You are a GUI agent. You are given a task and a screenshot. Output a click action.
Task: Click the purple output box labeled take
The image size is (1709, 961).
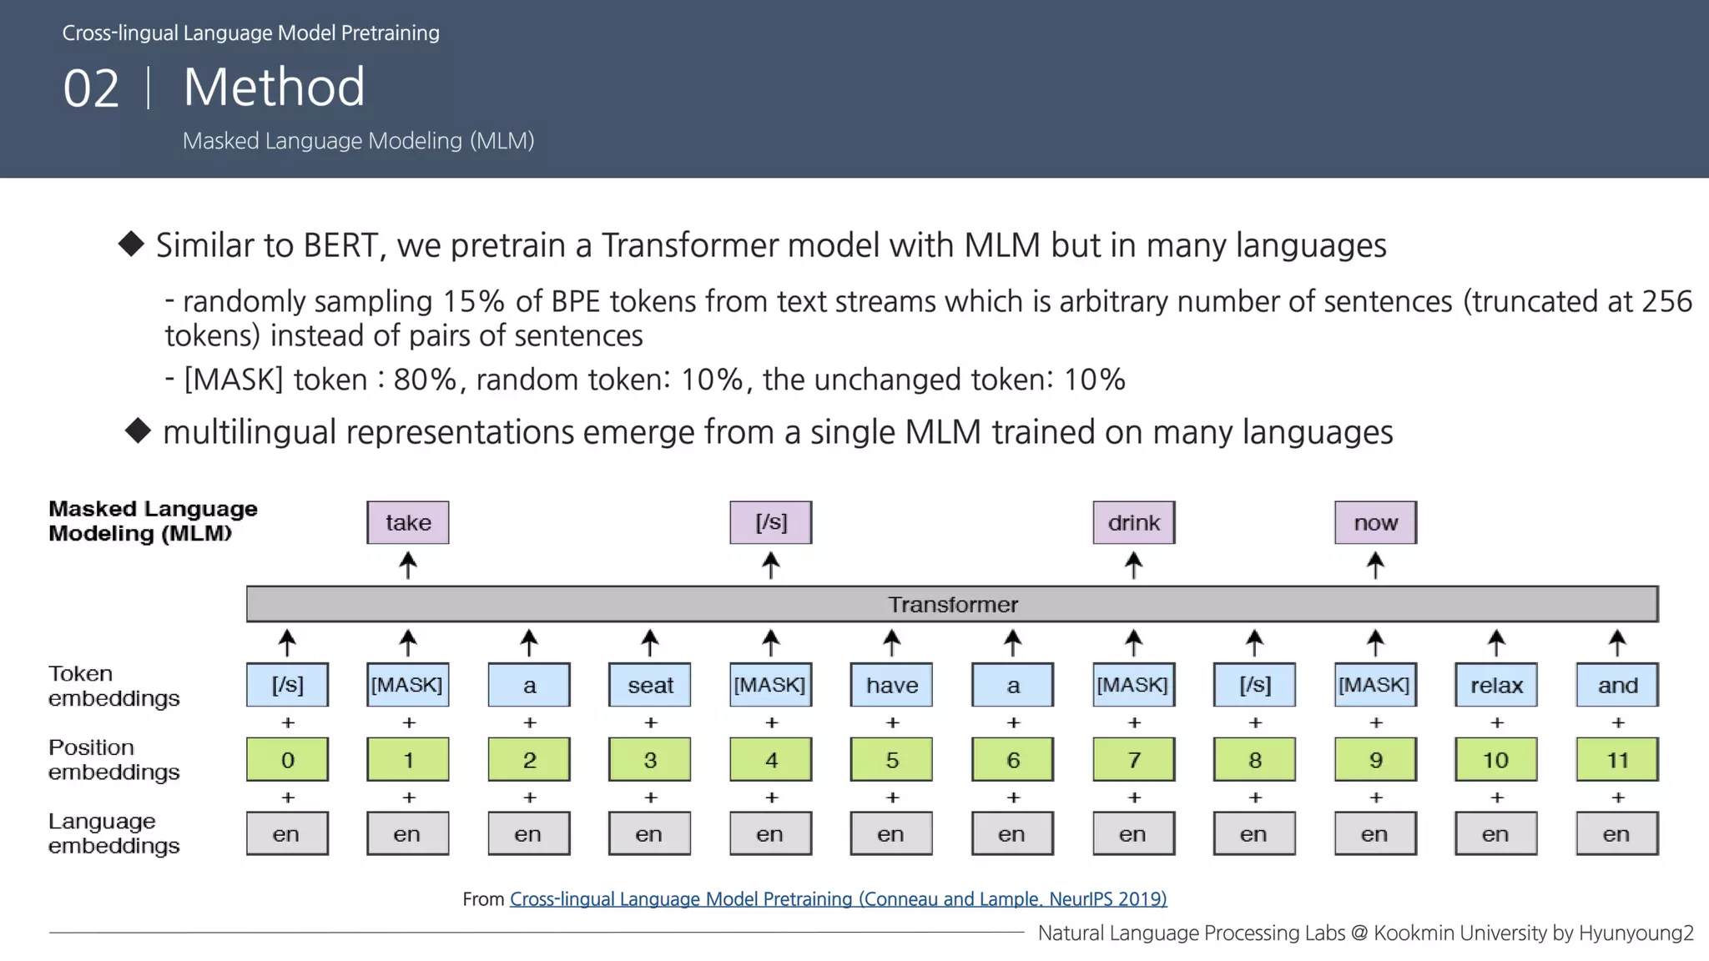[x=407, y=522]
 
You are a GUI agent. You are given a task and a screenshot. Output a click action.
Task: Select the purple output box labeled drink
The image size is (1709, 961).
[x=1133, y=522]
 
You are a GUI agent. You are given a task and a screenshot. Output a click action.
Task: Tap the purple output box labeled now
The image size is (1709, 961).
[x=1375, y=522]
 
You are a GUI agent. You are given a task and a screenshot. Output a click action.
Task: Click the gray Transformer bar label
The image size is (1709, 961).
[x=952, y=604]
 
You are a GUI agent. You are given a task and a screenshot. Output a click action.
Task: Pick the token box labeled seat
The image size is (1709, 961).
[x=649, y=685]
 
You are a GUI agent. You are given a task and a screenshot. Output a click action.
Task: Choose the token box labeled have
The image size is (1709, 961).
[x=891, y=685]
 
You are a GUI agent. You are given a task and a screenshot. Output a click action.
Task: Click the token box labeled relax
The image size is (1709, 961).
[x=1495, y=685]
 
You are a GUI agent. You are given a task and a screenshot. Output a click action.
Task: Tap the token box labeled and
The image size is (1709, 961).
[x=1616, y=685]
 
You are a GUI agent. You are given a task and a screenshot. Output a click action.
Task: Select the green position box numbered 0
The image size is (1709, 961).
[x=287, y=759]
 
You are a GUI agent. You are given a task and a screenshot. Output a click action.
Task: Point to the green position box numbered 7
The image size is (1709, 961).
[x=1133, y=759]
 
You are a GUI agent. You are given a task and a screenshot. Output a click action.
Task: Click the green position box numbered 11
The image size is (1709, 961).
[x=1616, y=759]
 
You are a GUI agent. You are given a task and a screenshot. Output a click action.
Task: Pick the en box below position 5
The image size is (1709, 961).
[x=891, y=833]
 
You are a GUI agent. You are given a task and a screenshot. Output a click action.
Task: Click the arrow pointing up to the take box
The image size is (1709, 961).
[x=407, y=565]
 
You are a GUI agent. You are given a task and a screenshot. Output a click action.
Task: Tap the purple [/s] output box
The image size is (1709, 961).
[x=770, y=522]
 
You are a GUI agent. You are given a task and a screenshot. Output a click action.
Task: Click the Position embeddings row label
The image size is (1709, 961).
[x=113, y=759]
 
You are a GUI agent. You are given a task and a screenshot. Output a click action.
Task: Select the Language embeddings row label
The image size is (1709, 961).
[x=113, y=833]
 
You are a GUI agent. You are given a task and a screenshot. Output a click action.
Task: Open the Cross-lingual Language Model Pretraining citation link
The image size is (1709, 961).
[x=838, y=898]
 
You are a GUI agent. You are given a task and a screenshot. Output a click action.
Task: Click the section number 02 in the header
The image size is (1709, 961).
[x=91, y=88]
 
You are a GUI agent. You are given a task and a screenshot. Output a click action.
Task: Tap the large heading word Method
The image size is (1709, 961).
[x=274, y=87]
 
